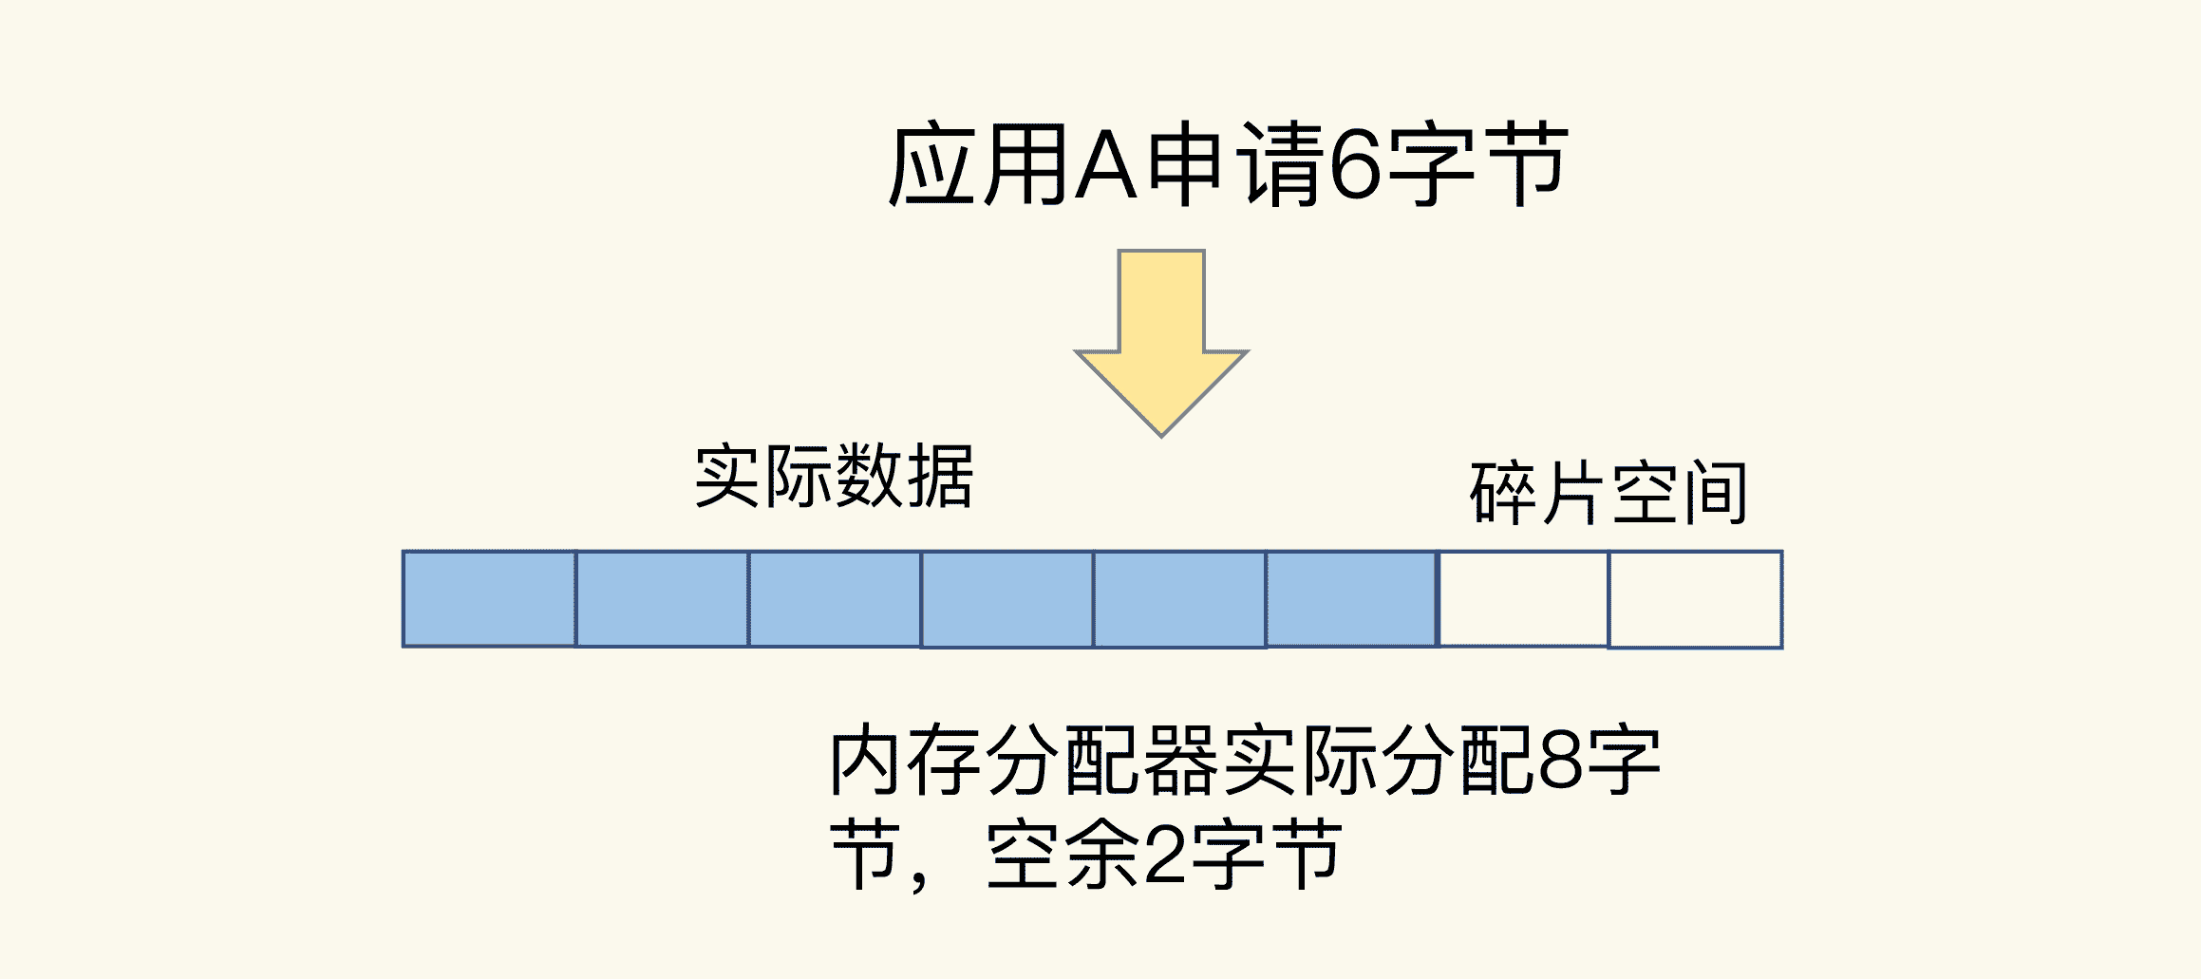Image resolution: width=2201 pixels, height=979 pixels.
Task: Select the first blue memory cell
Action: [489, 599]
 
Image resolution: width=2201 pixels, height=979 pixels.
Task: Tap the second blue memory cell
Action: [662, 599]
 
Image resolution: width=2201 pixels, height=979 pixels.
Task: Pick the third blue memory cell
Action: [835, 599]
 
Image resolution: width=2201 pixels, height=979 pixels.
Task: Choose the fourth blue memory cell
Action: [1007, 599]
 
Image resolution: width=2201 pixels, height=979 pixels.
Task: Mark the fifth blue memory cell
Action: [1179, 599]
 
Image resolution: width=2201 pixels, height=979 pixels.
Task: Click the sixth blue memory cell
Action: [1351, 599]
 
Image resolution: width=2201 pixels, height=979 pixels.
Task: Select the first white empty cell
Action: [1524, 599]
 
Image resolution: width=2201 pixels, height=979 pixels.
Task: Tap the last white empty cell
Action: [1695, 599]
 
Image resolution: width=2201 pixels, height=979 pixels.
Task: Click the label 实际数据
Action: [835, 476]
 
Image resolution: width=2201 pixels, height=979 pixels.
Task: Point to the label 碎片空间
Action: [1608, 492]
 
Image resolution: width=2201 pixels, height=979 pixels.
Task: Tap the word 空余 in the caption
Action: [1063, 855]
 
